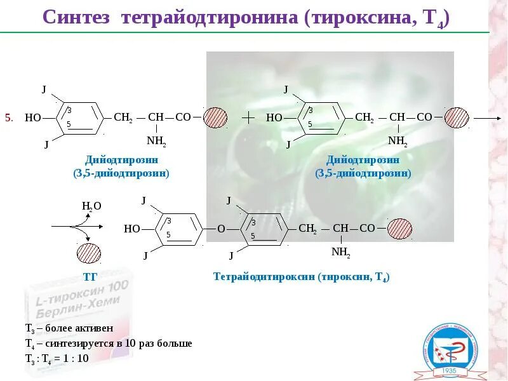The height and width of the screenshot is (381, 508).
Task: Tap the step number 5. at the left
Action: [x=9, y=117]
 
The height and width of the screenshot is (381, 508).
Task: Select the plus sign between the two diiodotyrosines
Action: [x=248, y=117]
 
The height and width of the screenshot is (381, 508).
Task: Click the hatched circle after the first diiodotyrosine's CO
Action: [x=215, y=117]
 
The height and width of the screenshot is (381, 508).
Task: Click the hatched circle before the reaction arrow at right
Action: [x=457, y=117]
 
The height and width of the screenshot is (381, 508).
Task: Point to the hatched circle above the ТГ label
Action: [x=89, y=253]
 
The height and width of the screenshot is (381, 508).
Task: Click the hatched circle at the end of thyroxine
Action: [x=400, y=229]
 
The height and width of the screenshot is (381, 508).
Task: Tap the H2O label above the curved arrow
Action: [x=91, y=206]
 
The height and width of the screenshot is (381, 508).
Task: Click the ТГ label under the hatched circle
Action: [x=89, y=277]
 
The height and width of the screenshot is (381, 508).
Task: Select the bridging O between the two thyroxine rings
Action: [x=221, y=229]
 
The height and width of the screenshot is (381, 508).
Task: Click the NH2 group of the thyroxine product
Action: [x=340, y=252]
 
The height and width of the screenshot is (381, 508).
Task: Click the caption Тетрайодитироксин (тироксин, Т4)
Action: [x=301, y=277]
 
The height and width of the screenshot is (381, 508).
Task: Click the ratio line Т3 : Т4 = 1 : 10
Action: [x=57, y=358]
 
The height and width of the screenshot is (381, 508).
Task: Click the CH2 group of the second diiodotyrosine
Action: [x=364, y=117]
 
